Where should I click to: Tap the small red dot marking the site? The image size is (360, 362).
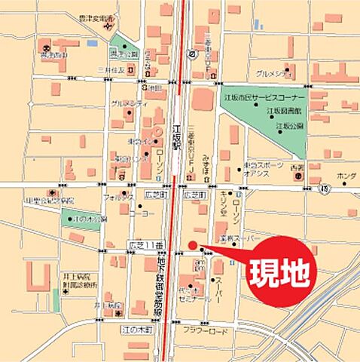192,244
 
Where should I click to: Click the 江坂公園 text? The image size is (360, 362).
288,126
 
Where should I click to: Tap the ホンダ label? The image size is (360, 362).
346,176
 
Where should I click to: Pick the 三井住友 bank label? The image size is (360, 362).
110,70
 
